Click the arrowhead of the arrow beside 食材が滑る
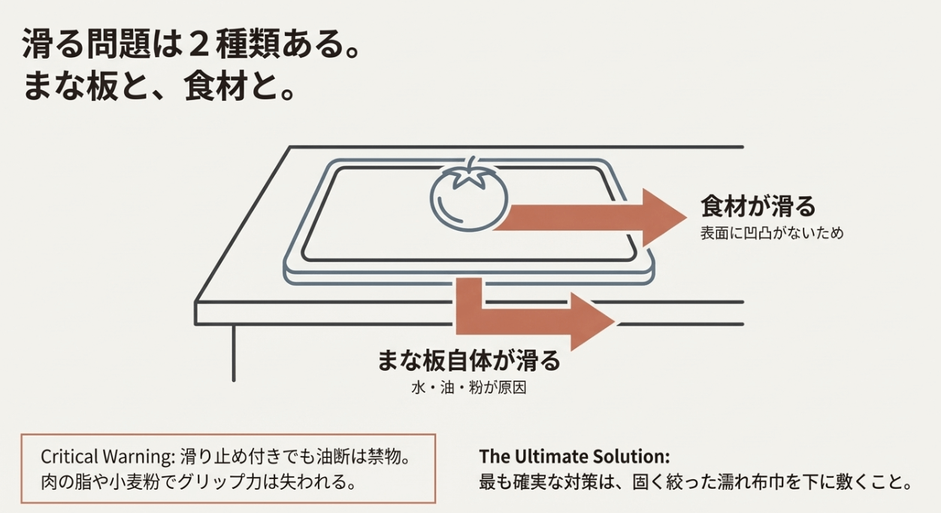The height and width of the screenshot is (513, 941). pos(664,217)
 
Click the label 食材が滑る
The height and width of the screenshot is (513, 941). pos(758,206)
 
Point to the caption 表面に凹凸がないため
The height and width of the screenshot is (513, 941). pos(772,233)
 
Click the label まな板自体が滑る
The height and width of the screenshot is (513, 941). pos(469,360)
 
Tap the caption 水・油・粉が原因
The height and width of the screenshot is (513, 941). pos(469,387)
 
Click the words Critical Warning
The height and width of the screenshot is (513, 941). pos(107,457)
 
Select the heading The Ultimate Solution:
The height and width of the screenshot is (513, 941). pos(574,457)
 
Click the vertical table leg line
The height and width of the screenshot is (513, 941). pos(234,352)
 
